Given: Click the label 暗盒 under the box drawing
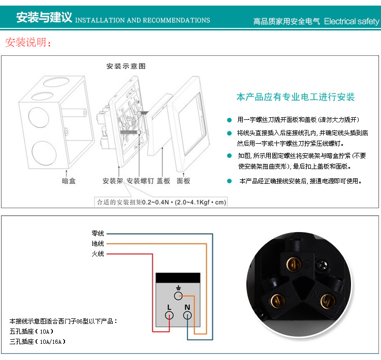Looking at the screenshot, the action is click(69, 181).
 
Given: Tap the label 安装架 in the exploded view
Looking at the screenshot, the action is click(113, 181).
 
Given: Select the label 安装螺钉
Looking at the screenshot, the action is click(140, 181).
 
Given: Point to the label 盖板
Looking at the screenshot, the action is click(163, 181).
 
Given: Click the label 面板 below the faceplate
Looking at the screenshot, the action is click(183, 181).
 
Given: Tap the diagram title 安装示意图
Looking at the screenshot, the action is click(126, 66).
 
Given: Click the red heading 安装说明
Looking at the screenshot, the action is click(28, 42).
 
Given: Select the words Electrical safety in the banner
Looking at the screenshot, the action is click(352, 21).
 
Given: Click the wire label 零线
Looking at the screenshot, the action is click(98, 234).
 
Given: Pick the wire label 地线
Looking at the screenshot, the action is click(98, 244).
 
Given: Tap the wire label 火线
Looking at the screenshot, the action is click(98, 254).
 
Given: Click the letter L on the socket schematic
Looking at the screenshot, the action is click(169, 308).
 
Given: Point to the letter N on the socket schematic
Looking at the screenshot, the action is click(187, 308).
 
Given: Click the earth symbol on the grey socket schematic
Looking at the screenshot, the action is click(179, 288).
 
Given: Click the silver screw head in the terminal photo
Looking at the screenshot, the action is click(323, 265).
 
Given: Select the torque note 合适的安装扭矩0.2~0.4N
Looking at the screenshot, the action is click(133, 202).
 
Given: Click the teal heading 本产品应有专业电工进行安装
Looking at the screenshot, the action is click(296, 97).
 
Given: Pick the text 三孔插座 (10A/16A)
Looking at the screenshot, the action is click(38, 342).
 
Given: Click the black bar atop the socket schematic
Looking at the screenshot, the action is click(178, 278).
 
